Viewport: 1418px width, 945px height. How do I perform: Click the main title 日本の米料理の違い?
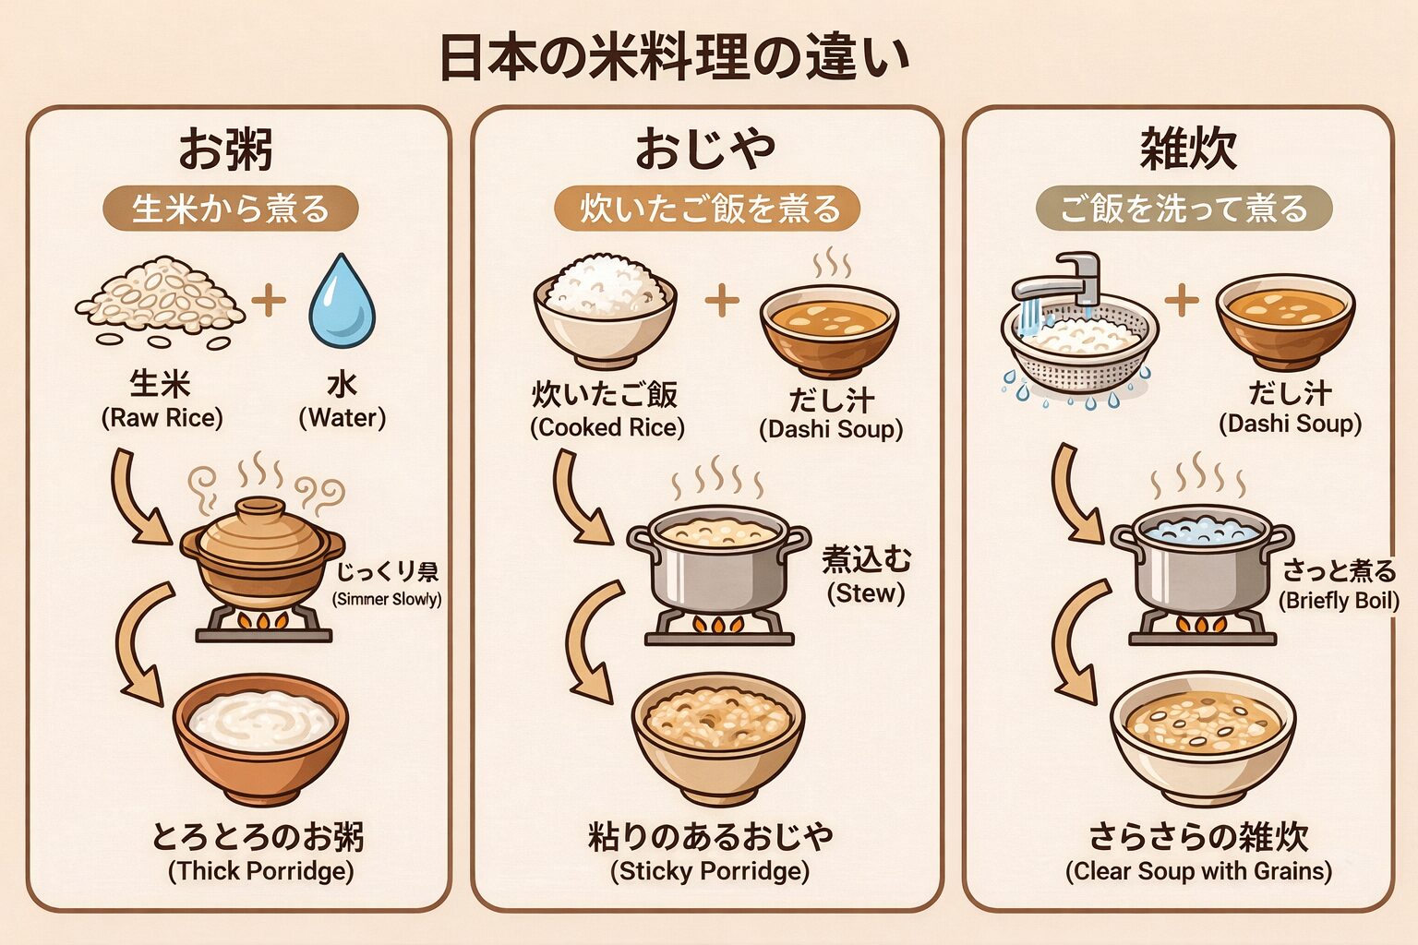click(x=675, y=57)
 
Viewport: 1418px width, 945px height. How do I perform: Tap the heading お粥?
click(x=225, y=149)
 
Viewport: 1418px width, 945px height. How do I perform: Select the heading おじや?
click(x=705, y=149)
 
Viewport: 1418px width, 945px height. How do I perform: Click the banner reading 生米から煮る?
click(x=230, y=209)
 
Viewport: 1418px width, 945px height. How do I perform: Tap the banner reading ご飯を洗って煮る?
click(x=1184, y=208)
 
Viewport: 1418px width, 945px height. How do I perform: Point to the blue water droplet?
click(x=342, y=302)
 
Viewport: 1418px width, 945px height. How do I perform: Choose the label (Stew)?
click(x=865, y=593)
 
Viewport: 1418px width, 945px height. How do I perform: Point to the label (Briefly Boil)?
click(x=1339, y=601)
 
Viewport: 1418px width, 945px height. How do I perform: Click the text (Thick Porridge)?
click(x=260, y=871)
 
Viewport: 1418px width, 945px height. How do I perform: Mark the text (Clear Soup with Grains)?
click(x=1198, y=871)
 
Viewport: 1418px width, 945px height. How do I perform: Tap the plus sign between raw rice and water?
click(x=269, y=301)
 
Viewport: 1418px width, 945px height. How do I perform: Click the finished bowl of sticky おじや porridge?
click(x=717, y=735)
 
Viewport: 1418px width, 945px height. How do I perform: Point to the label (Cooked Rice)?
click(x=607, y=428)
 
